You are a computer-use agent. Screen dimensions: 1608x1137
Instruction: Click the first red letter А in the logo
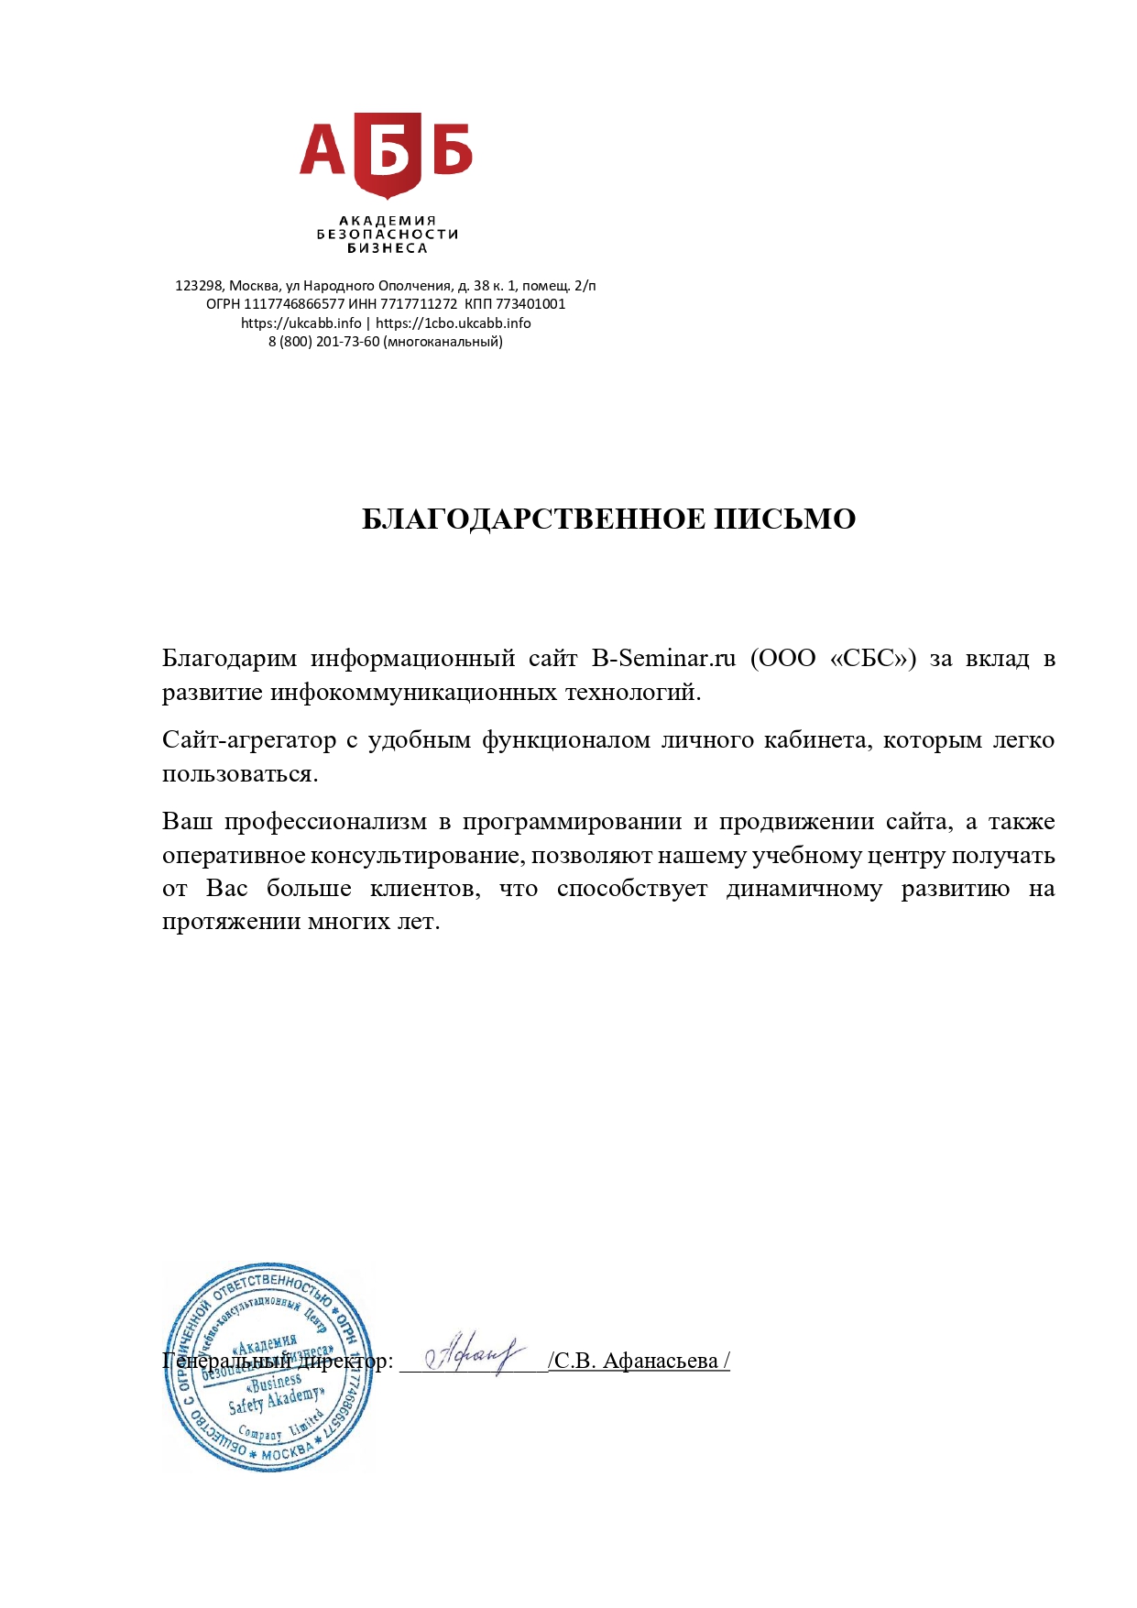pos(323,151)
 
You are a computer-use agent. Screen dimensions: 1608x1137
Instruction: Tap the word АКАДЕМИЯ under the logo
pos(388,221)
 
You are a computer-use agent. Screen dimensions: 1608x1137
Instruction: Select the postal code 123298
pos(199,286)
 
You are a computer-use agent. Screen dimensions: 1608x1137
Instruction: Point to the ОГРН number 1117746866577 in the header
pos(293,304)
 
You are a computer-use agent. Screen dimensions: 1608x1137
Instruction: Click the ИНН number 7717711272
pos(419,304)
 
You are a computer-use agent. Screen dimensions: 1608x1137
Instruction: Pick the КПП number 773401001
pos(530,304)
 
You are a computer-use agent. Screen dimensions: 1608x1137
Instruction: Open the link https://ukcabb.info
pos(301,323)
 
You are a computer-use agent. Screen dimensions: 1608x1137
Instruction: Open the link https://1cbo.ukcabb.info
pos(454,323)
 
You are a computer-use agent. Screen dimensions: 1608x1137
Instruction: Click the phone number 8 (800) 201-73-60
pos(323,342)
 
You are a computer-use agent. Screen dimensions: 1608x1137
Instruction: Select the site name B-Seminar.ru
pos(663,659)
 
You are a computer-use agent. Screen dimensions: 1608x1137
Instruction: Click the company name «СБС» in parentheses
pos(872,659)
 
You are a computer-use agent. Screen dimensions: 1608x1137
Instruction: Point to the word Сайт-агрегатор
pos(248,740)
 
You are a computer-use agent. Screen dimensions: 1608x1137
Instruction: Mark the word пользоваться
pos(240,774)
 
